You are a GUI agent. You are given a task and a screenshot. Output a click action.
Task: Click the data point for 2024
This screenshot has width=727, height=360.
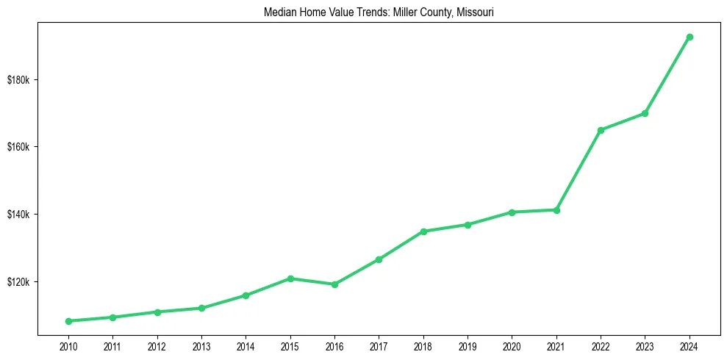[x=690, y=37]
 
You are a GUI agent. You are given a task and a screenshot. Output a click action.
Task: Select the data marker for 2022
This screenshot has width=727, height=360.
[x=601, y=130]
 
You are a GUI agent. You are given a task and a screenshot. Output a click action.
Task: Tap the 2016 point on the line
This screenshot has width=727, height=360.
[x=334, y=284]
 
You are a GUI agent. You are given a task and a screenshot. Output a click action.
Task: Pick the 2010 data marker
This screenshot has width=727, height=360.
[x=68, y=321]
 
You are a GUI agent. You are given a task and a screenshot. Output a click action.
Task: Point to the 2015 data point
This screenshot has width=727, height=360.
[x=290, y=278]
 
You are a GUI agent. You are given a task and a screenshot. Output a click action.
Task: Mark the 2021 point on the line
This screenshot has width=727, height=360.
[x=556, y=210]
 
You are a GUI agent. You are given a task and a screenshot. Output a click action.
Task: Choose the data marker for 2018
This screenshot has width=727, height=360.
[x=423, y=231]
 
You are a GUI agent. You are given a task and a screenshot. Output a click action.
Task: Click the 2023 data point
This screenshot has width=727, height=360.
[x=645, y=113]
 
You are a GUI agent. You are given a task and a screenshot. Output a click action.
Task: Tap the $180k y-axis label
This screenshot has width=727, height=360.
[x=18, y=79]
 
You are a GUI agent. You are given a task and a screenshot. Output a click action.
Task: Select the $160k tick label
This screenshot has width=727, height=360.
[x=18, y=147]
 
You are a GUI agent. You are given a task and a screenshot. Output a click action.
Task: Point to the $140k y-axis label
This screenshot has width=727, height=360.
[x=18, y=215]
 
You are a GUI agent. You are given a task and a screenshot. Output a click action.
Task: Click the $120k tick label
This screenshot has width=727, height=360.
[x=18, y=282]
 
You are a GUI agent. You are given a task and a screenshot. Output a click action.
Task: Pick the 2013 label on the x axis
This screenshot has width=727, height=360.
[x=201, y=345]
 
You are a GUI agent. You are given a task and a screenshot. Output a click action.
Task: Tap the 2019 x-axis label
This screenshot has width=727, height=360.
[x=468, y=345]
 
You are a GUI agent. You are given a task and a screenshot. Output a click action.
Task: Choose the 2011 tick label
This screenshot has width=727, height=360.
[x=112, y=345]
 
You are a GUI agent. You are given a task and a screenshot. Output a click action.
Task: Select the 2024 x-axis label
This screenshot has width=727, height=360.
[x=690, y=345]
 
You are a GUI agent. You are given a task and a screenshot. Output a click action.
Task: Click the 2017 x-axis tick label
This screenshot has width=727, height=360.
[x=379, y=345]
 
